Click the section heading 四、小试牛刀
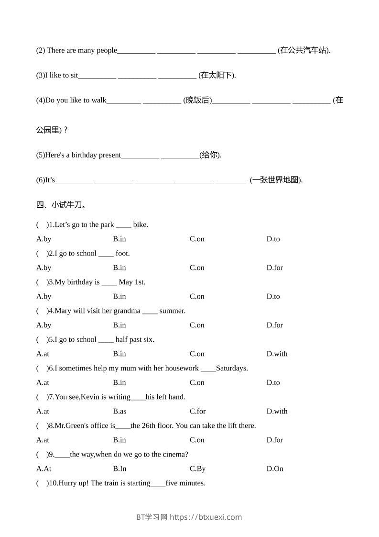click(x=61, y=205)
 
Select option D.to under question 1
click(x=273, y=239)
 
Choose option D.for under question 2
click(x=274, y=268)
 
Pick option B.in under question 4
click(x=119, y=325)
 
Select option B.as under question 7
click(x=119, y=411)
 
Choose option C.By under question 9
click(x=197, y=469)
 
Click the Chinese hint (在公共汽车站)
click(x=303, y=50)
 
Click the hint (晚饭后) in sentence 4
click(x=197, y=100)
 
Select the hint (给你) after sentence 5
click(x=210, y=155)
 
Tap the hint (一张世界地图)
click(x=276, y=180)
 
